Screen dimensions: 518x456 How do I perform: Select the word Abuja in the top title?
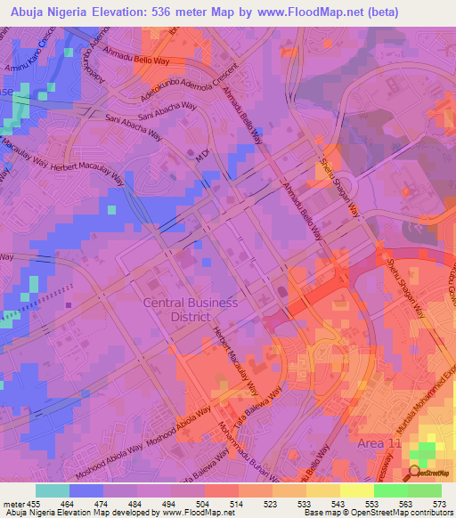click(x=33, y=12)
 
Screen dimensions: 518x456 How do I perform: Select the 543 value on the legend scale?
click(x=338, y=503)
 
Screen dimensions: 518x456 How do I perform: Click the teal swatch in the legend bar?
click(x=53, y=490)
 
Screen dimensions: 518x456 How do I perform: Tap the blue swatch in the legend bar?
click(x=86, y=490)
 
